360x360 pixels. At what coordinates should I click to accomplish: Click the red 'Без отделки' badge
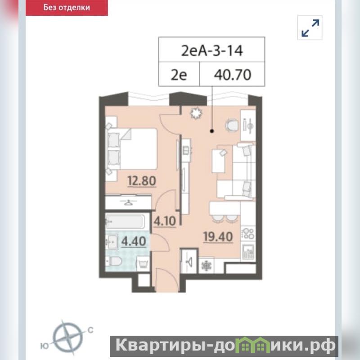pos(67,8)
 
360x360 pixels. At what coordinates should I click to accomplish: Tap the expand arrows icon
pos(310,28)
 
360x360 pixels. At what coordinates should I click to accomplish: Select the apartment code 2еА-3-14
pos(211,50)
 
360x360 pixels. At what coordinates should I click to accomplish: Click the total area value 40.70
pos(232,75)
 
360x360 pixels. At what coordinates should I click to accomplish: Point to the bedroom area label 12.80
pos(142,181)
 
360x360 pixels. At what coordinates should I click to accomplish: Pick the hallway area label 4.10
pos(165,221)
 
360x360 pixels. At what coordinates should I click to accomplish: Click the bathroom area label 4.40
pos(134,241)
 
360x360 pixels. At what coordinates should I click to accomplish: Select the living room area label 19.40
pos(218,237)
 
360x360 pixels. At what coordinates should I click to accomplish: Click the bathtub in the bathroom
pos(126,221)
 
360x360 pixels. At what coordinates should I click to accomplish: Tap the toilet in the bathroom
pos(114,261)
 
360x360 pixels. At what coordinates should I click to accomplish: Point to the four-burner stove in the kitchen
pos(248,233)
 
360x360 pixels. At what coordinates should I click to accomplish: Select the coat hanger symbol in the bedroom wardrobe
pos(128,202)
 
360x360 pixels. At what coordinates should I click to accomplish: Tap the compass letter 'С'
pos(90,330)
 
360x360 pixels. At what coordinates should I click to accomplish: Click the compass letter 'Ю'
pos(45,346)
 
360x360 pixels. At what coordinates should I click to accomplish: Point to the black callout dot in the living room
pos(212,131)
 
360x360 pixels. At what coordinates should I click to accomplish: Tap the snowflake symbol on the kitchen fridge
pos(206,266)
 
